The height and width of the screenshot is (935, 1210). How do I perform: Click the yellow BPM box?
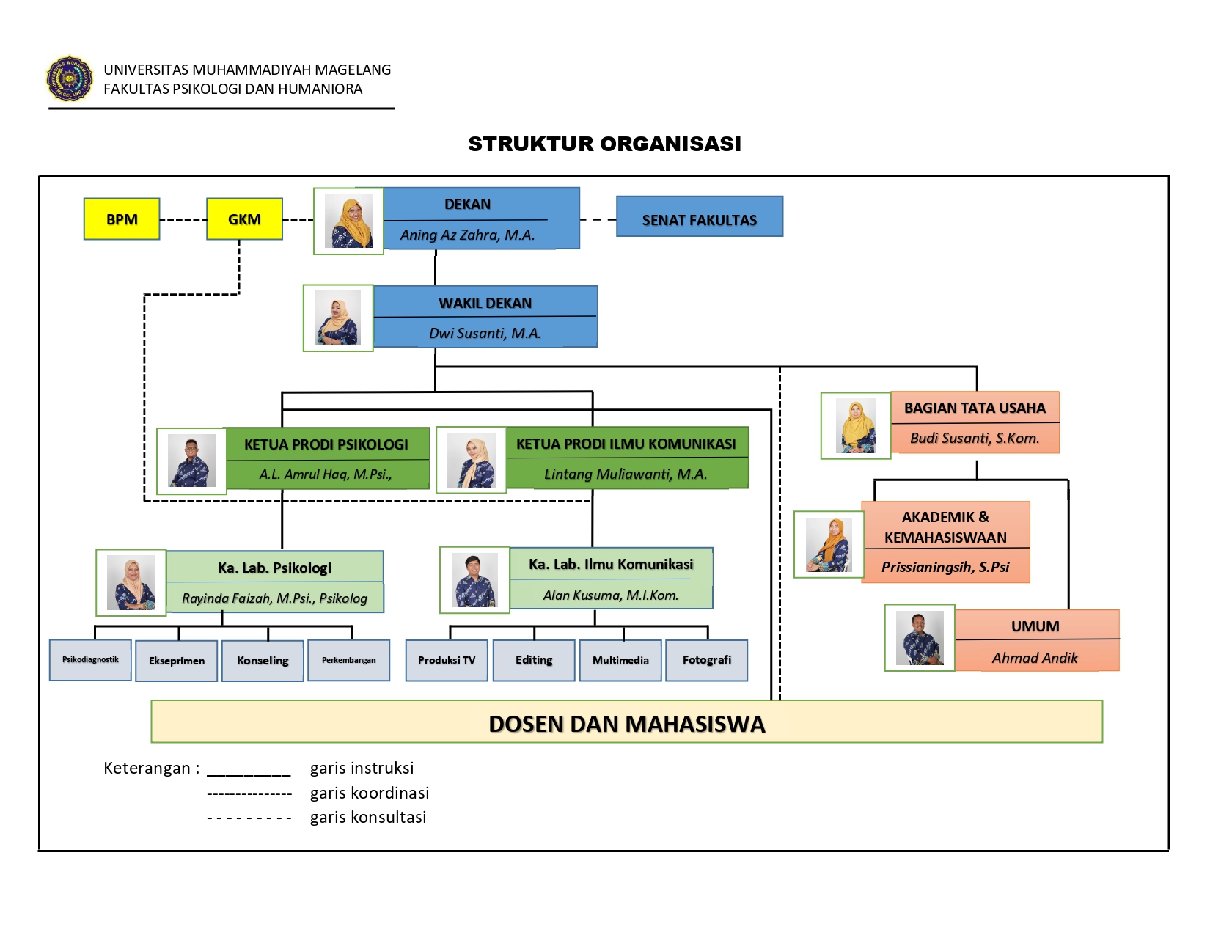[122, 219]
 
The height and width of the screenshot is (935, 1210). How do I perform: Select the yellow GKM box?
[244, 219]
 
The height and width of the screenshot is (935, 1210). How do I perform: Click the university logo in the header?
[70, 78]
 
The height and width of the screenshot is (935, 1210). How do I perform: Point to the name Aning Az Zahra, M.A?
[467, 235]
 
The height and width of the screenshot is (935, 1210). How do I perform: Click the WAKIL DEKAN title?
[485, 303]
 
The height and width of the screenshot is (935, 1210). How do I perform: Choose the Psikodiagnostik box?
[90, 660]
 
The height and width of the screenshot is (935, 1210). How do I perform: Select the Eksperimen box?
[176, 661]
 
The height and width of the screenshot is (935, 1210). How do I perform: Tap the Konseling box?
[263, 661]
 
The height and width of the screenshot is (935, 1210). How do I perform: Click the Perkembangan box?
[348, 660]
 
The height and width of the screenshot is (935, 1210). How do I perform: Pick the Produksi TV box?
[447, 660]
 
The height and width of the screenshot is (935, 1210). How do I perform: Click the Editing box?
[534, 660]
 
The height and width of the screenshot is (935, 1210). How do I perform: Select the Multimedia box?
[620, 660]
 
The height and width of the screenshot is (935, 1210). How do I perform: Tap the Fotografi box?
[706, 660]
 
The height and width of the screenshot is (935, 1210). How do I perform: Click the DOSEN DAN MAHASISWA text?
[626, 724]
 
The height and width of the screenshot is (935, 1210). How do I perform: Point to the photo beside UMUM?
[920, 638]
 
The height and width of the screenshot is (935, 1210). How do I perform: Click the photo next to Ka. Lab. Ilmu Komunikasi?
[474, 580]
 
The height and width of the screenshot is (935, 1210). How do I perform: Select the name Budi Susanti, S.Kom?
[975, 438]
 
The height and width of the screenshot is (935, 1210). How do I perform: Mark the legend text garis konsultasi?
[367, 817]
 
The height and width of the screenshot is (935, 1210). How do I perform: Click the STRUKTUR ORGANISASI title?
[604, 144]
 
